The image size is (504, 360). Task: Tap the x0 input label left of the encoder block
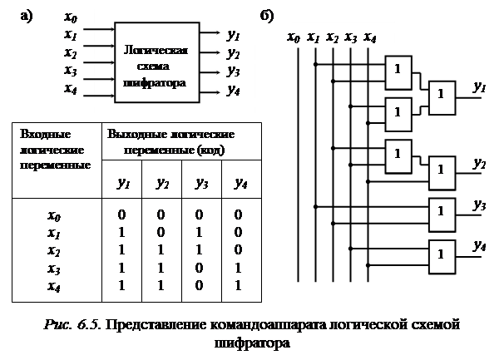(x=72, y=17)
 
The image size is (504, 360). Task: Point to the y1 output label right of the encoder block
(x=234, y=36)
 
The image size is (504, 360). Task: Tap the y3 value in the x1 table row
(x=201, y=232)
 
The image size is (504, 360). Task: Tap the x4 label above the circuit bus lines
(x=369, y=37)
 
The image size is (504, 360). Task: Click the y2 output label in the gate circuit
(x=479, y=162)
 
